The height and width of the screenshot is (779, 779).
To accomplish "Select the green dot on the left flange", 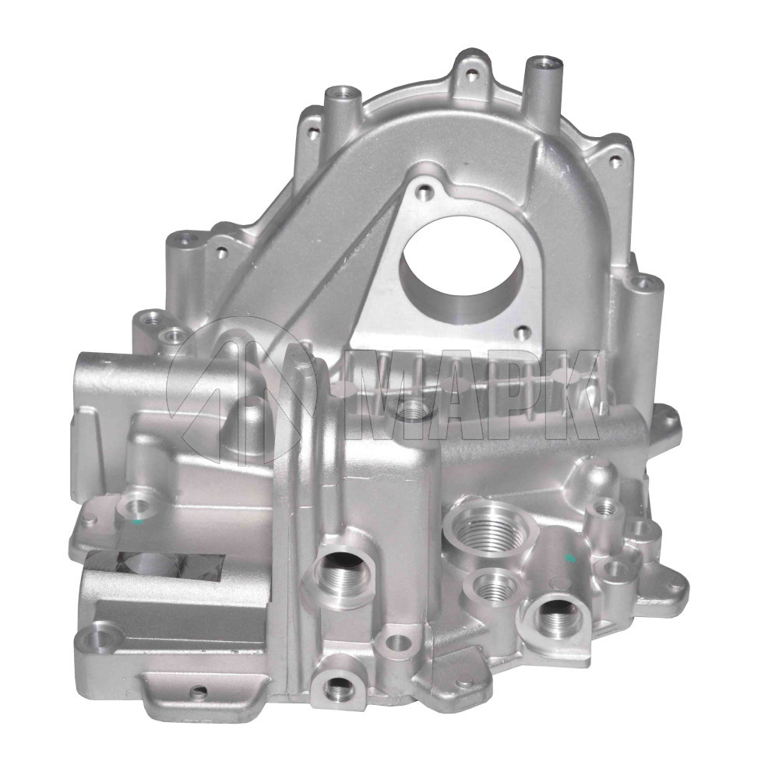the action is click(x=138, y=523).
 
